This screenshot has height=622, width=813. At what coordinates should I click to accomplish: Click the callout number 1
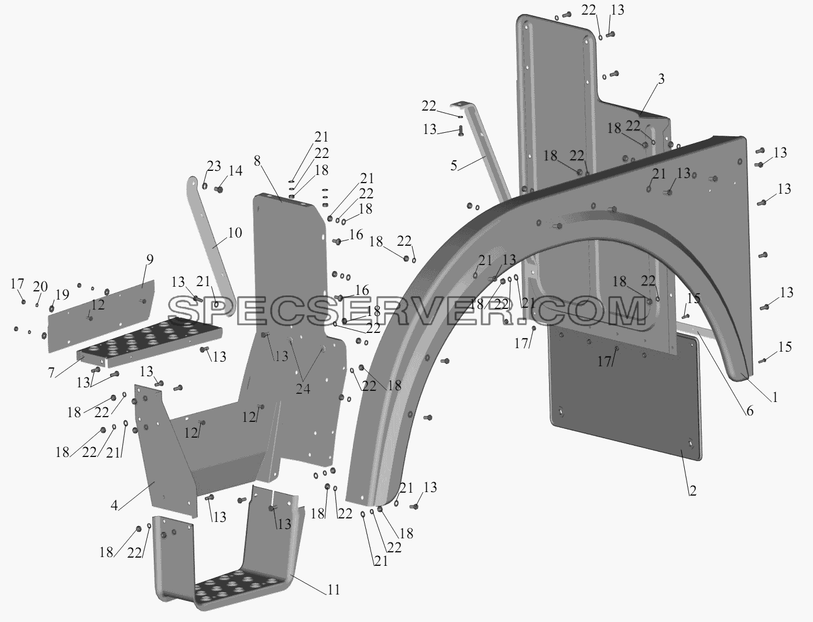774,397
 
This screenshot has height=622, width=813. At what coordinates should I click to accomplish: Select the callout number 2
692,490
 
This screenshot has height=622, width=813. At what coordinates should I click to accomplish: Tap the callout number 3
661,79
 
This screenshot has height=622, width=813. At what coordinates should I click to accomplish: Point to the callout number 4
115,505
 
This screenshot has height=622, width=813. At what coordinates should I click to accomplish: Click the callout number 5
454,166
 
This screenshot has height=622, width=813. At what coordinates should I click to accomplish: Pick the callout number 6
750,411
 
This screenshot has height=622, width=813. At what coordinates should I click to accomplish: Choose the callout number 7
51,373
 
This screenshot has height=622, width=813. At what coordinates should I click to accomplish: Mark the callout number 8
257,161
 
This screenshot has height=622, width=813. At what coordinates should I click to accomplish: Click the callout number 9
150,260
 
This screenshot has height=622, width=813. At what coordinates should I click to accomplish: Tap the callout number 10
235,233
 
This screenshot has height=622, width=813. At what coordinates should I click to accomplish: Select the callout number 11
334,589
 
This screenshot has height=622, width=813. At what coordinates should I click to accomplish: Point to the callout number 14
235,171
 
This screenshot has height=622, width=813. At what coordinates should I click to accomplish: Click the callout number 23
214,166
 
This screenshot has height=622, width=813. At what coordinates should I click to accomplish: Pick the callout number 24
303,389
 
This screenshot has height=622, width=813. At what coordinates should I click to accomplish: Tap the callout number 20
40,287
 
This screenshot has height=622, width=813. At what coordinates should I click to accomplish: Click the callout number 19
62,294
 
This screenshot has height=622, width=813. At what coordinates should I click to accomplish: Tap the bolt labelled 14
219,190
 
